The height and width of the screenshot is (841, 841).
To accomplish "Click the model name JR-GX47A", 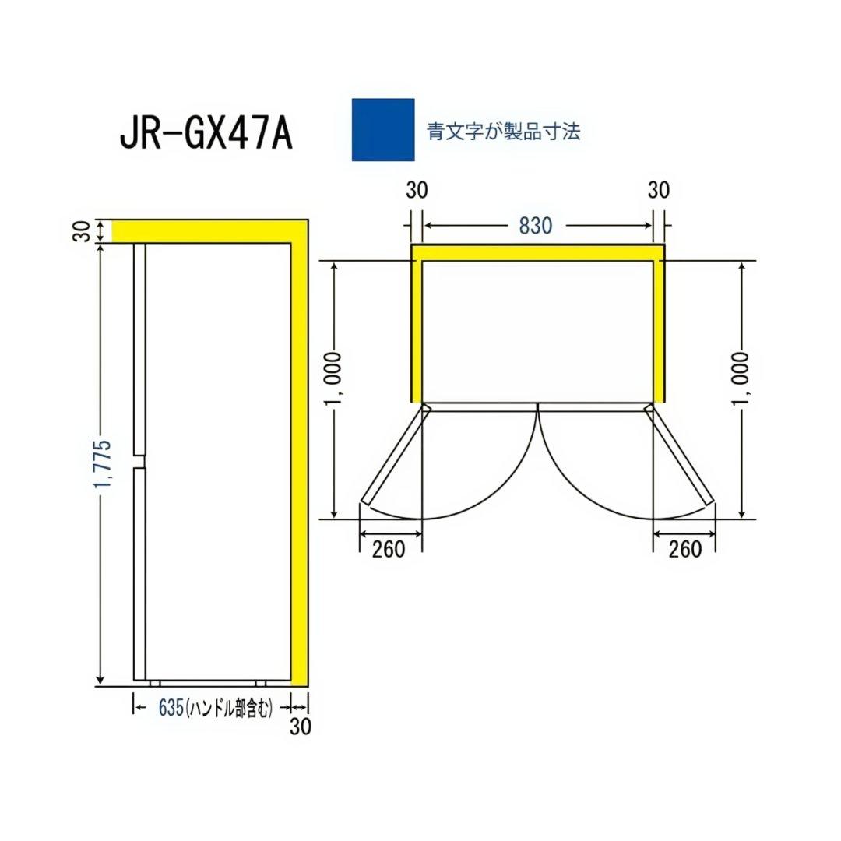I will pos(206,133).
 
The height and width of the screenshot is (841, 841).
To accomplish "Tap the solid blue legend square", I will pos(383,130).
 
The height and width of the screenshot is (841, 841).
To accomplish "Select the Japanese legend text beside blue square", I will pos(504,131).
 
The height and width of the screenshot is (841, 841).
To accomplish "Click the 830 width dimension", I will pos(536,226).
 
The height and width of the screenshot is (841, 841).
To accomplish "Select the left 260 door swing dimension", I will pos(389,549).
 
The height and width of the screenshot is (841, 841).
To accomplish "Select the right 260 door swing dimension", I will pos(684,549).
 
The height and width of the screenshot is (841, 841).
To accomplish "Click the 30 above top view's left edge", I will pos(417,191).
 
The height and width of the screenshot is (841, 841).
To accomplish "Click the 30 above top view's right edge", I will pos(659,191).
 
